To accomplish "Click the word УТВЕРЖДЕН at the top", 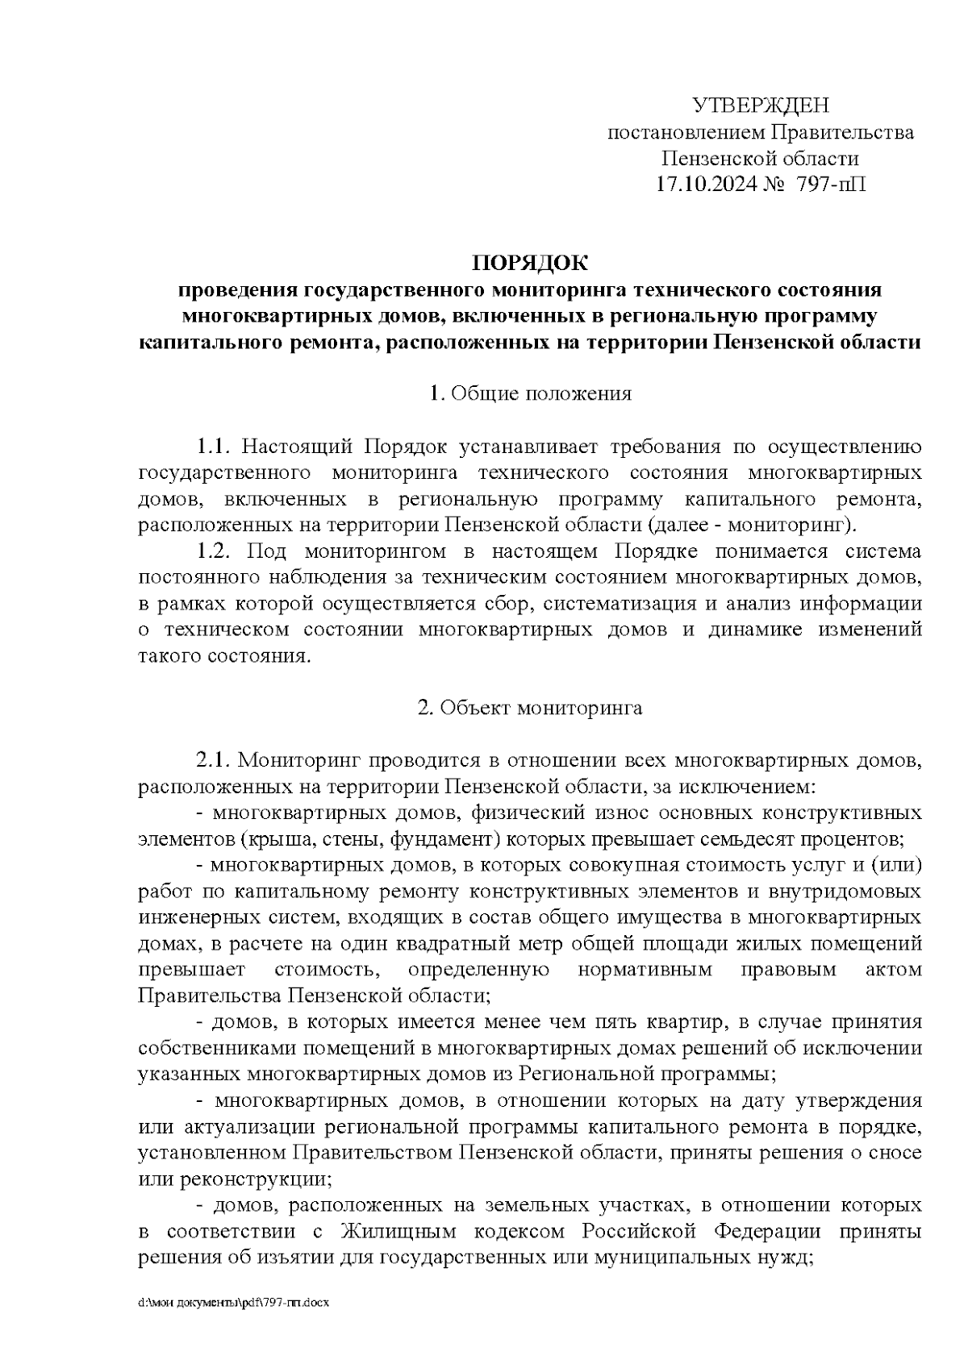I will click(761, 106).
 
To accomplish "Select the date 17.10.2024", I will click(706, 185).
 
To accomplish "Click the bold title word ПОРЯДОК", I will click(530, 263).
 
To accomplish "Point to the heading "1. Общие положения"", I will click(530, 394).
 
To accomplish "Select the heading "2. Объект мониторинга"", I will click(530, 709).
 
